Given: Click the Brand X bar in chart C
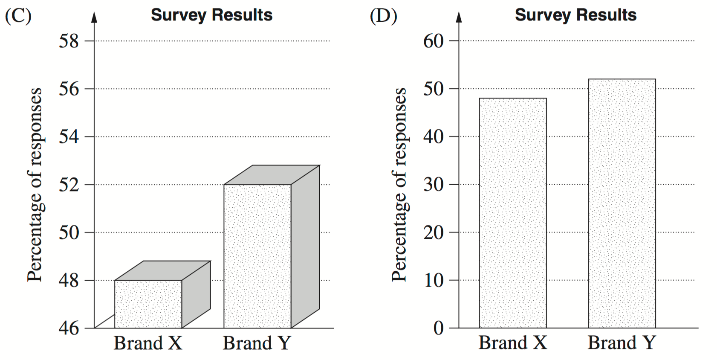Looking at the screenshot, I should point(148,304).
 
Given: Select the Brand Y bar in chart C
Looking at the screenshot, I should point(257,256).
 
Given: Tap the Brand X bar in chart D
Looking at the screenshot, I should point(513,213).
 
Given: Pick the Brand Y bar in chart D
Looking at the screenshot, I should point(622,203).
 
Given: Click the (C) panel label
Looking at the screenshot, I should point(18,16).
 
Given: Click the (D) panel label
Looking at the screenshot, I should point(383,16).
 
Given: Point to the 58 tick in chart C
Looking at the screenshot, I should point(69,41).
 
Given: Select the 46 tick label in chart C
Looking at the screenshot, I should point(69,328).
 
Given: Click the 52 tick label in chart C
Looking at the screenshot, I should point(69,185).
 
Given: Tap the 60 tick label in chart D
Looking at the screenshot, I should point(434,41).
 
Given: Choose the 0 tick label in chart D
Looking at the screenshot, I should point(439,328).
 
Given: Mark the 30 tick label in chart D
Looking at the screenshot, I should point(434,185).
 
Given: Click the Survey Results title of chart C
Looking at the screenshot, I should point(211,15).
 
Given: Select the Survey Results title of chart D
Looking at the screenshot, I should point(575,15).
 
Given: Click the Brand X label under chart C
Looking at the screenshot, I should point(148,343).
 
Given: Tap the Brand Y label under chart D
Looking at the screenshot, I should point(622,343).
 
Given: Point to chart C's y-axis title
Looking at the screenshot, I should point(35,185).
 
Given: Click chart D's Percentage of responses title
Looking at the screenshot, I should point(399,185).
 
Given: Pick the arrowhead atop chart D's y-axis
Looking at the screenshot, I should point(459,17).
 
